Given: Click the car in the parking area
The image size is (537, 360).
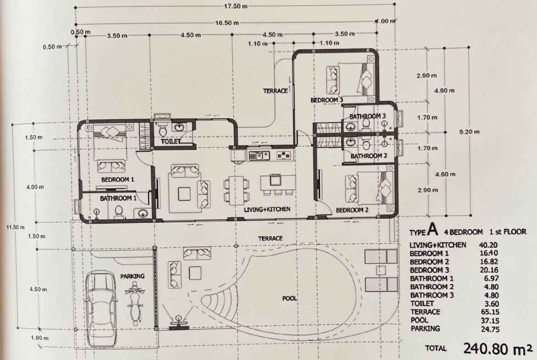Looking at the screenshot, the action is [101, 310].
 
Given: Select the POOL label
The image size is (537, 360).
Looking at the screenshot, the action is [290, 299].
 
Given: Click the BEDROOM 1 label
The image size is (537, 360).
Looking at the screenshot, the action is [117, 179].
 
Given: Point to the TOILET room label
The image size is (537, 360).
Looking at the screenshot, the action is [171, 141].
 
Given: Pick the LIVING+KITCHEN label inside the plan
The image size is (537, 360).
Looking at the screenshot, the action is [267, 210].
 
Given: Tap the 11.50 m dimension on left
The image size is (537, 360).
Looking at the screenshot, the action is [15, 227].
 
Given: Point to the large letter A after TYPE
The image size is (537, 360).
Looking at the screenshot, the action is [433, 230].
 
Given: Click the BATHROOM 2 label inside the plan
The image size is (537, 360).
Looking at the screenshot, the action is [369, 156].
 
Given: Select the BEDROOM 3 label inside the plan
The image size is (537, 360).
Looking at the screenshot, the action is [327, 100].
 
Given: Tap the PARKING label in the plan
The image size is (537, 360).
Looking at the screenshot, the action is [132, 276].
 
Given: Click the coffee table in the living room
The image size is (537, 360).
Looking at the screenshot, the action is [184, 194].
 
